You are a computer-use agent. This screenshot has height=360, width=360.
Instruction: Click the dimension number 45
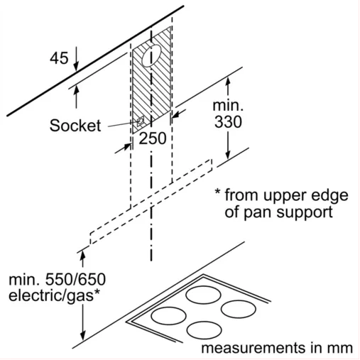[x=59, y=58]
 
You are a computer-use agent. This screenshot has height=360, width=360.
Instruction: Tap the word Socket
[x=75, y=125]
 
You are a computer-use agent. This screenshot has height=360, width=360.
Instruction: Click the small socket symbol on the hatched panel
[x=140, y=121]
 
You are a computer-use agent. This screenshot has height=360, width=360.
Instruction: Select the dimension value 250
[x=153, y=138]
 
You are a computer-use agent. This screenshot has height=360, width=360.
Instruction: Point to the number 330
[x=228, y=122]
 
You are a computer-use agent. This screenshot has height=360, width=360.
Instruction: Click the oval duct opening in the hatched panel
[x=151, y=55]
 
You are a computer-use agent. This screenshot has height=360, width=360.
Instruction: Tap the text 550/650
[x=75, y=279]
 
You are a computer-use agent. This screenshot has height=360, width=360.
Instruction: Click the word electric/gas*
[x=54, y=296]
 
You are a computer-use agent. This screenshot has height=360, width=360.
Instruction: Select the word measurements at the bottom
[x=253, y=348]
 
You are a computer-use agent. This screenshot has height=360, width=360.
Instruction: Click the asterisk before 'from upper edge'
[x=217, y=192]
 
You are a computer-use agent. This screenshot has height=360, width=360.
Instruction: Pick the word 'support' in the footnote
[x=305, y=213]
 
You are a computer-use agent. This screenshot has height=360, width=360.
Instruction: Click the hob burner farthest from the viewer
[x=203, y=295]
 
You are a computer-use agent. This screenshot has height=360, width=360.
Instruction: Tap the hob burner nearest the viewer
[x=204, y=330]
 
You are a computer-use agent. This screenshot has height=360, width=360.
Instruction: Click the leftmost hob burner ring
[x=169, y=316]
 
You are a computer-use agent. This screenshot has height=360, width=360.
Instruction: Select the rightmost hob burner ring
[x=239, y=310]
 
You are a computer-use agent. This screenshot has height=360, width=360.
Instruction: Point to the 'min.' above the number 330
[x=228, y=106]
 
